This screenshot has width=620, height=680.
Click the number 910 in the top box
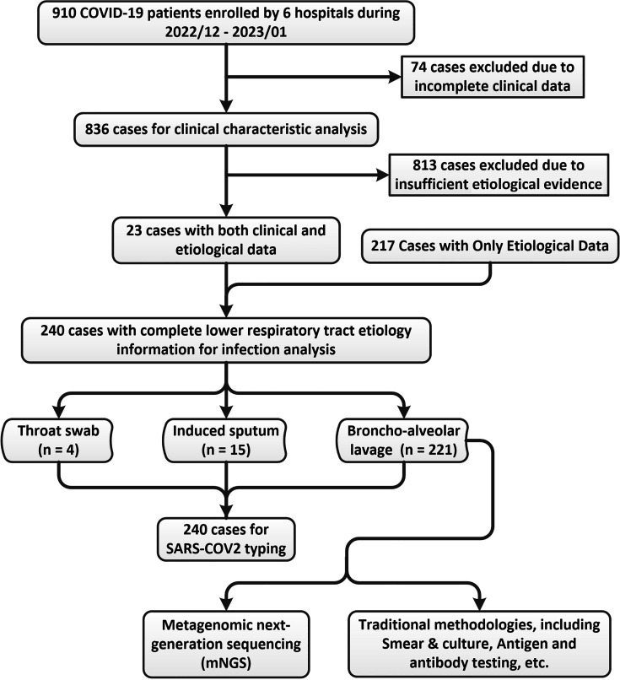tap(64, 13)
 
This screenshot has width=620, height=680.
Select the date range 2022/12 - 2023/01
tap(226, 32)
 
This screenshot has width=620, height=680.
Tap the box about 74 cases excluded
tap(493, 77)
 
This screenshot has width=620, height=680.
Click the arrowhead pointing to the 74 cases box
tap(395, 77)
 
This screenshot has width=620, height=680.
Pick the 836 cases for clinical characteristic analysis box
tap(226, 129)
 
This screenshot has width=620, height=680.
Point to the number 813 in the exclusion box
tap(424, 165)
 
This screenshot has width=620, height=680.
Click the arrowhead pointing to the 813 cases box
tap(383, 175)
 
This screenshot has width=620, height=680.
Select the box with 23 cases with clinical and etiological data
tap(226, 240)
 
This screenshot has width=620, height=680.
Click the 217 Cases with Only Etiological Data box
tap(490, 246)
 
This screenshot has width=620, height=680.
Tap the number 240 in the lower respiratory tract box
tap(52, 331)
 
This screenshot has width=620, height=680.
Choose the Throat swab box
tap(57, 440)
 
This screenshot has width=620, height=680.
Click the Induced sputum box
tap(225, 440)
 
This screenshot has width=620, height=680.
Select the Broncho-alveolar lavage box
tap(403, 440)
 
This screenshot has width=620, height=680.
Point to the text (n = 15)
tap(226, 450)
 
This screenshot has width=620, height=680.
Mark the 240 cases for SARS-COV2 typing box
tap(226, 539)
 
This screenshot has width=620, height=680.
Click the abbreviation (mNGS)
tap(226, 662)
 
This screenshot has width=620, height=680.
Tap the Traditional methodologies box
tap(479, 644)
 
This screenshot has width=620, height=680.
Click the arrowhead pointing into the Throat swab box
tap(58, 412)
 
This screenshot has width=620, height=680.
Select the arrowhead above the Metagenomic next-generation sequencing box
tap(226, 604)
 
